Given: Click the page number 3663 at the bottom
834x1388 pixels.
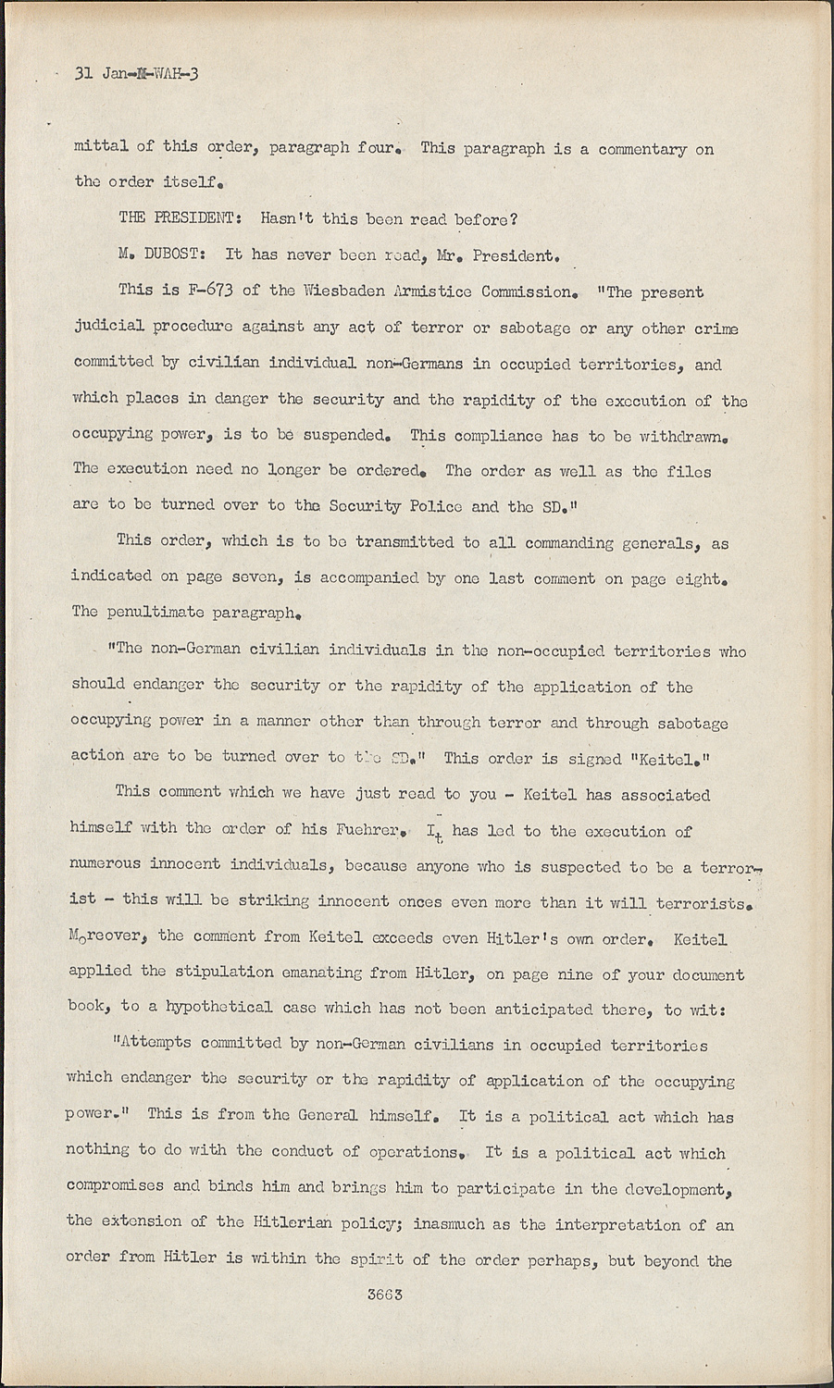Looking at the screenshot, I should tap(384, 1295).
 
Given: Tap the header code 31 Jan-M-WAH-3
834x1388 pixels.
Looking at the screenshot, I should tap(136, 75).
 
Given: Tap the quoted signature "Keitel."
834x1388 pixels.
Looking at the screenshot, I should tap(670, 758).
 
